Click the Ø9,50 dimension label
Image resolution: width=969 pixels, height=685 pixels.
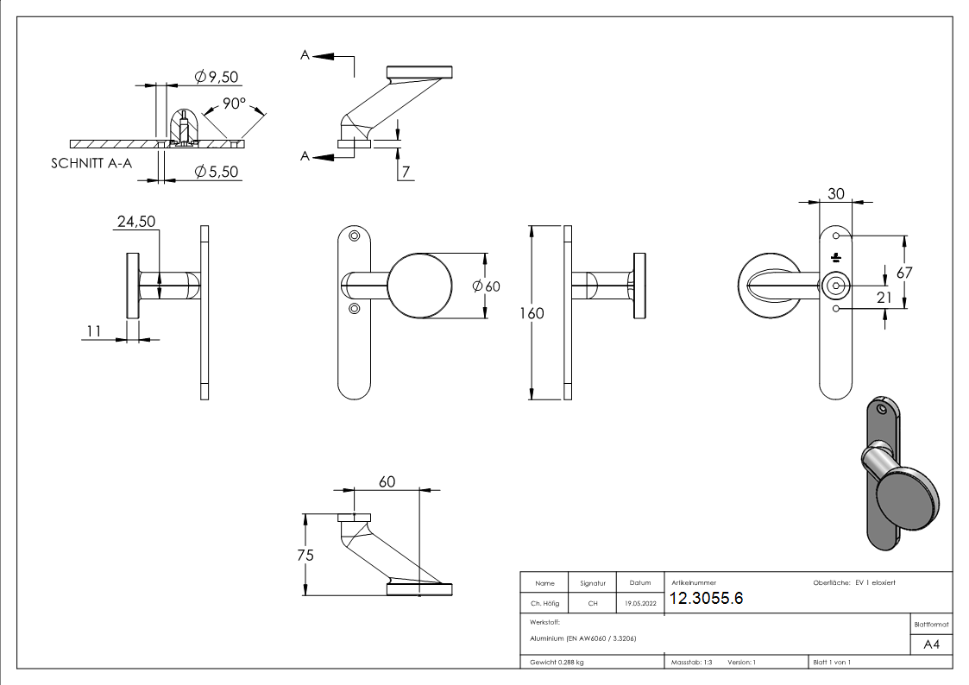(217, 78)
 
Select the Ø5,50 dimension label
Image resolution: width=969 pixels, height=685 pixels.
(217, 172)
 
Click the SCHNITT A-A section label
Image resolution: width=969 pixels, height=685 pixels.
(91, 164)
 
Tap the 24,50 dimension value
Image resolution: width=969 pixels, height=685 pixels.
(135, 222)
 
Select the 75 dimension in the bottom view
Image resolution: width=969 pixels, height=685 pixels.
(304, 555)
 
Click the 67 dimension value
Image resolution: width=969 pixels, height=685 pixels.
(904, 272)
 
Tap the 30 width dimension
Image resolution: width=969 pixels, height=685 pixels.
(835, 194)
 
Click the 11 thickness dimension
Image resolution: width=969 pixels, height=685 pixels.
(95, 330)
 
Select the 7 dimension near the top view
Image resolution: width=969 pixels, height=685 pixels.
(405, 172)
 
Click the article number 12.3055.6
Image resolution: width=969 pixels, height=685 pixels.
(706, 600)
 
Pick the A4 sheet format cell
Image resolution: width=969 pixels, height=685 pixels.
(931, 644)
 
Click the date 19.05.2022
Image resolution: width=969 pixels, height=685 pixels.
(639, 604)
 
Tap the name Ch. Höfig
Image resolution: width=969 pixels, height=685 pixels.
(544, 604)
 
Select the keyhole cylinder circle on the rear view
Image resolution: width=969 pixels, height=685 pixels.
(834, 285)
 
